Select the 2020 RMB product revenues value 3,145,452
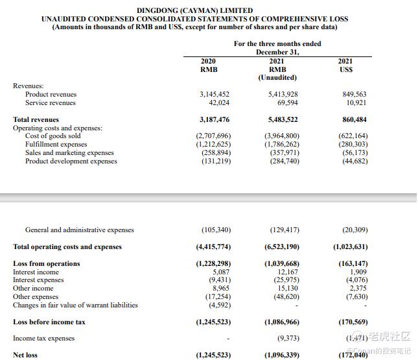tap(213, 95)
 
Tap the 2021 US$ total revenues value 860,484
tap(352, 120)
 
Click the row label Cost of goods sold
tap(53, 136)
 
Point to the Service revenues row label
tap(51, 103)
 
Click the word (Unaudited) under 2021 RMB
tap(277, 78)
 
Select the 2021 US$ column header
tap(346, 66)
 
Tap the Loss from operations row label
tap(47, 264)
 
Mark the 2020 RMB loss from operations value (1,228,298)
tap(213, 264)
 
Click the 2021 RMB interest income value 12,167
tap(288, 272)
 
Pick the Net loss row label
tap(25, 355)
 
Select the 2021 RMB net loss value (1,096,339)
tap(281, 355)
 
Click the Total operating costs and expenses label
tap(67, 247)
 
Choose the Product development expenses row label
tap(71, 162)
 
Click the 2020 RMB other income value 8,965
tap(220, 289)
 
